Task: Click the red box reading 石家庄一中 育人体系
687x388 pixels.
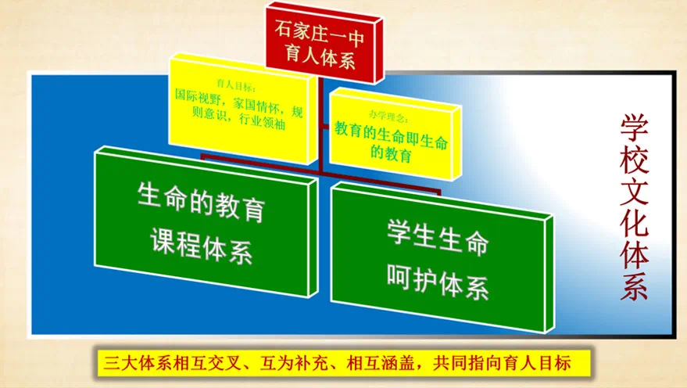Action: click(x=319, y=43)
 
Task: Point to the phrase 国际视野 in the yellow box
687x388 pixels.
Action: click(x=196, y=99)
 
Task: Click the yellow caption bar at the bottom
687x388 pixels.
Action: click(x=343, y=362)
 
